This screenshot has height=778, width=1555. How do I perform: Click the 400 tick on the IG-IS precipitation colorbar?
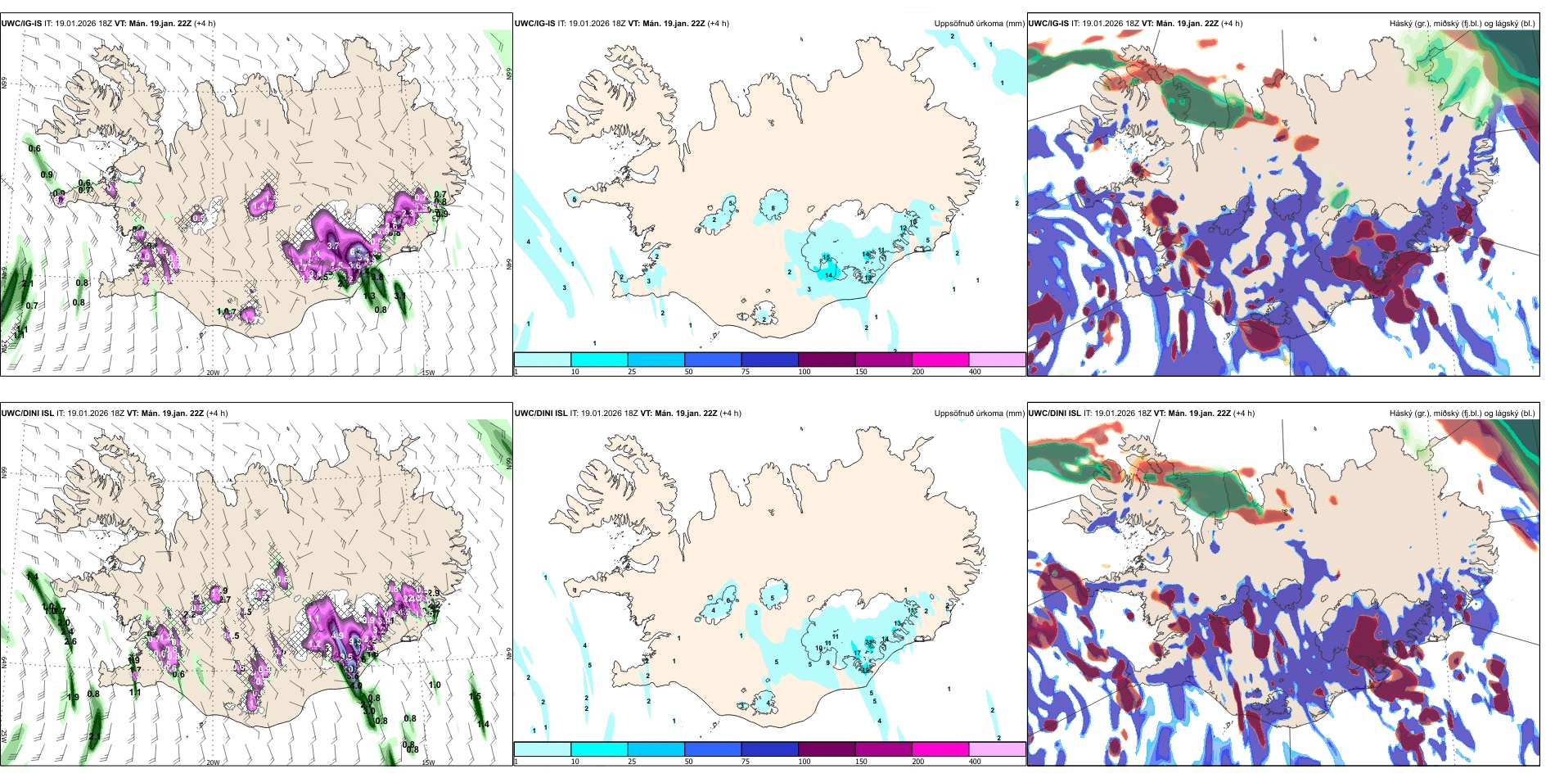point(975,372)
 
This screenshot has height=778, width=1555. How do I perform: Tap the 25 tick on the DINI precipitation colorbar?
point(632,762)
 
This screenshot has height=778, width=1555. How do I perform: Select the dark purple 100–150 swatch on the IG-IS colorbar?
point(827,360)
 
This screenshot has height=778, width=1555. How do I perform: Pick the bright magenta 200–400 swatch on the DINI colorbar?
point(940,749)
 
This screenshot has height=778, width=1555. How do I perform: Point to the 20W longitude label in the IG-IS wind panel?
point(213,373)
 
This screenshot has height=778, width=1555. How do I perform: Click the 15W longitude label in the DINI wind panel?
point(428,762)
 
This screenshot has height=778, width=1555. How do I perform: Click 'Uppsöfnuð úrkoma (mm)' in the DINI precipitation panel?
point(979,414)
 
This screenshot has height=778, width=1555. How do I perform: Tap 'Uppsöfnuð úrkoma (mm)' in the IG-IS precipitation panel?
point(979,24)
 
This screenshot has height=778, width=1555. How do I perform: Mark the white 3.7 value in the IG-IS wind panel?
point(333,246)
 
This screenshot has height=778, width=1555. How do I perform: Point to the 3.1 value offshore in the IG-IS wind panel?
point(399,296)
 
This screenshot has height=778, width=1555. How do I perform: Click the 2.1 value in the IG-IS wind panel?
point(28,284)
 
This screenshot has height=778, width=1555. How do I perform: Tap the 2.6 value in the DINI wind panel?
point(70,641)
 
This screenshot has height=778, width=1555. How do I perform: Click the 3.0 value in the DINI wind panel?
point(369,711)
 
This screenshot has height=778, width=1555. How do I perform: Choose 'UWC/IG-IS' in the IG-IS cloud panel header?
point(1048,24)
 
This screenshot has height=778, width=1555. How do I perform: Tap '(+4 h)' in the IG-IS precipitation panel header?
point(718,24)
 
